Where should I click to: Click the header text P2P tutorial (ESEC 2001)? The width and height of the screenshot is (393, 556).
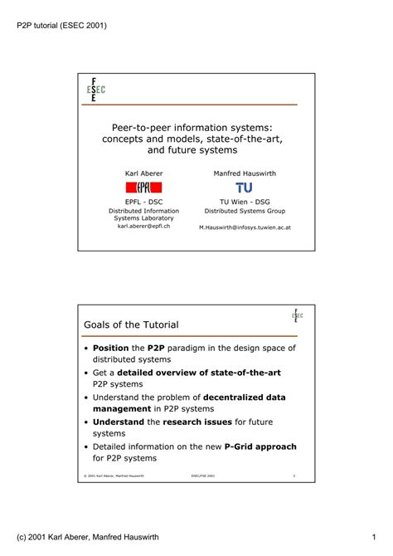(x=62, y=25)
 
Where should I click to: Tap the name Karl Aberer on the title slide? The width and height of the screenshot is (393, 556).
(x=143, y=173)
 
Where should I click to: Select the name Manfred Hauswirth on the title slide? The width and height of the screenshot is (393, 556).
(x=245, y=173)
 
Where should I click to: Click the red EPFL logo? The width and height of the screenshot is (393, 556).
(x=143, y=188)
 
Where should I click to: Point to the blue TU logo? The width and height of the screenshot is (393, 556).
(x=245, y=188)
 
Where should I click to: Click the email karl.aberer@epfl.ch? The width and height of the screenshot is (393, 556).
(x=143, y=226)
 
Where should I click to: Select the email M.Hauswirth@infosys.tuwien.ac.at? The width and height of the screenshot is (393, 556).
(x=245, y=226)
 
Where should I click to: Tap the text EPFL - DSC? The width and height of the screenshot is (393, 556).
(x=143, y=202)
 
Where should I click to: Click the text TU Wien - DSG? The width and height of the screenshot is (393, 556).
(x=245, y=202)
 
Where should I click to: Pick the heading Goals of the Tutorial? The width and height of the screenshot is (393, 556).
(x=131, y=324)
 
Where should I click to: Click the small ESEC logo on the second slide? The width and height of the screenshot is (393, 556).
(x=297, y=316)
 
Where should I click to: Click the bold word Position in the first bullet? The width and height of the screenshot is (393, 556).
(x=110, y=349)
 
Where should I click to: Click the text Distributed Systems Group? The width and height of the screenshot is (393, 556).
(x=245, y=211)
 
